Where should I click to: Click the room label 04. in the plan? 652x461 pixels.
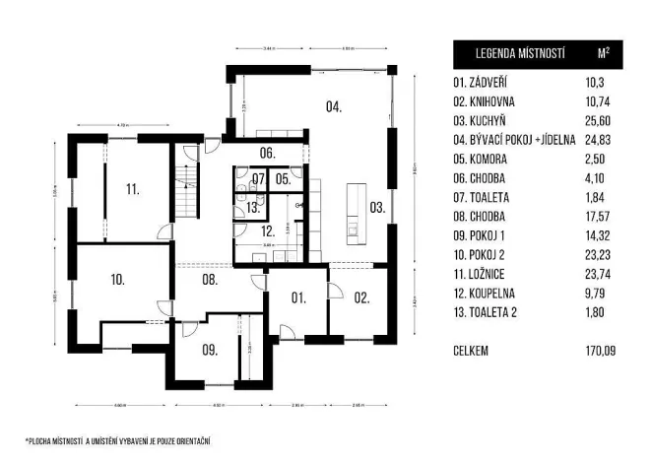click(335, 106)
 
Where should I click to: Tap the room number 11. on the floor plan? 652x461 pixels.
click(132, 187)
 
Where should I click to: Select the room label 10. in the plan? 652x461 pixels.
click(117, 280)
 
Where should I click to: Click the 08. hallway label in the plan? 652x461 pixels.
click(210, 281)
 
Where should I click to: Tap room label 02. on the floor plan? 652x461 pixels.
click(361, 296)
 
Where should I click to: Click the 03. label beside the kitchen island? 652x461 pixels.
click(377, 207)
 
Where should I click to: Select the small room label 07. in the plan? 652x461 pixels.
click(257, 179)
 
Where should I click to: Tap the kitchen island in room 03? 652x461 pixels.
click(353, 212)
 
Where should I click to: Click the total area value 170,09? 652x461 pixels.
click(598, 350)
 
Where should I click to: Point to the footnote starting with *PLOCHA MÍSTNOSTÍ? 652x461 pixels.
click(118, 439)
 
